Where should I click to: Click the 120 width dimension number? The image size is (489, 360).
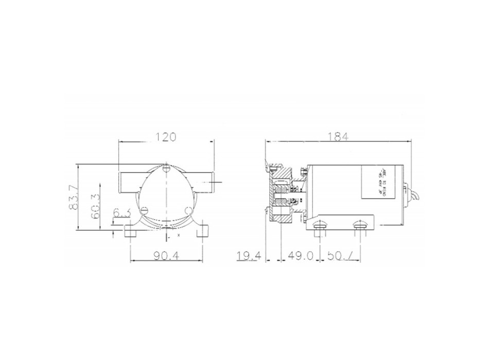coord(165,137)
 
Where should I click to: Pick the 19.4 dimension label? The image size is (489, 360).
coord(249,256)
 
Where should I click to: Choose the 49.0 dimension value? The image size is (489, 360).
coord(301,256)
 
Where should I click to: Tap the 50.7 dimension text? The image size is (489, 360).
coord(340,256)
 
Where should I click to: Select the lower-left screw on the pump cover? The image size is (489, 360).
coord(146,210)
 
